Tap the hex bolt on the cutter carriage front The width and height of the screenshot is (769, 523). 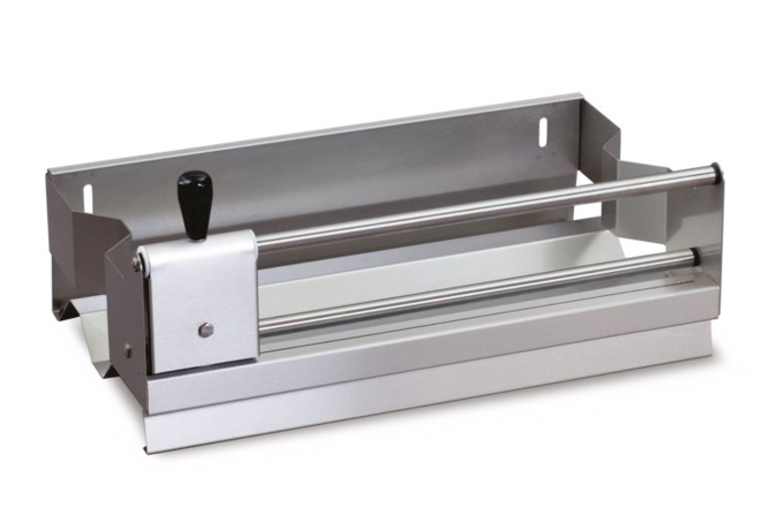coord(204,331)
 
